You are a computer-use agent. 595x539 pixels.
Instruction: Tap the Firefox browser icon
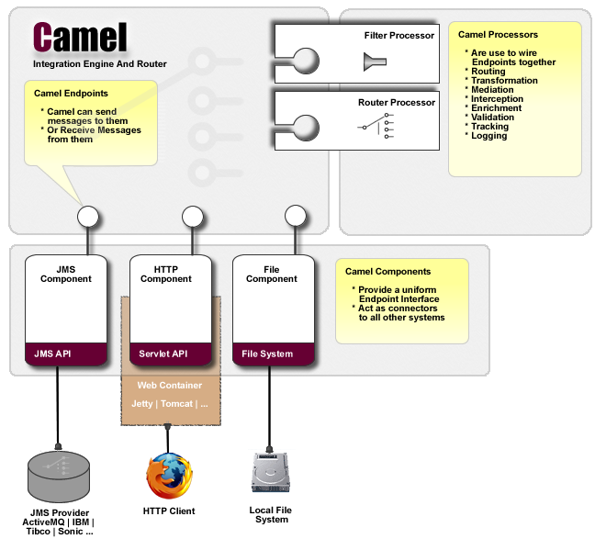point(169,474)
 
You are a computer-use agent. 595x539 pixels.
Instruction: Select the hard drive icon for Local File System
point(269,473)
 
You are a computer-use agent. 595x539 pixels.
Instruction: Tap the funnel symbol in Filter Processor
point(375,62)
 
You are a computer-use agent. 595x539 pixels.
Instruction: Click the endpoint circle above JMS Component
point(88,217)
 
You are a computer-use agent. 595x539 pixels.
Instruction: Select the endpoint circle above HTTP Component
point(192,217)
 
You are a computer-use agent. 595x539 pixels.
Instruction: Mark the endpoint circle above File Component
point(295,217)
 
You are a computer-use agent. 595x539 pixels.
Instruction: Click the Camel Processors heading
point(498,35)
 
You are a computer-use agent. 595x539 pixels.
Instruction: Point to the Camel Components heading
point(387,271)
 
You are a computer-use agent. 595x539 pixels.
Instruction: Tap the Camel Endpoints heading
point(71,94)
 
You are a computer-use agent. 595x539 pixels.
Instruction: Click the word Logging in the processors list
point(488,136)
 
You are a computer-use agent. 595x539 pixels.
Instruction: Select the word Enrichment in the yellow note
point(496,108)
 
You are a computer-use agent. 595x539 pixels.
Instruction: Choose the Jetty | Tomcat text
point(170,403)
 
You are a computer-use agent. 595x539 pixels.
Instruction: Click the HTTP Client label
point(169,511)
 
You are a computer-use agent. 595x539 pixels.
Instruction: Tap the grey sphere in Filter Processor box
point(305,62)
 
